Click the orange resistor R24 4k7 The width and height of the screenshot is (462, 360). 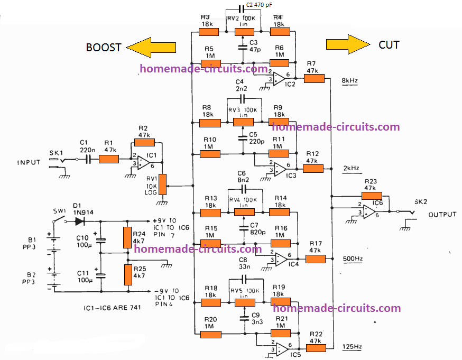[x=127, y=237]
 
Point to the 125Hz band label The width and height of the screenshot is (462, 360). [x=350, y=346]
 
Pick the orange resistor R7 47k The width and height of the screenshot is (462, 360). [x=315, y=78]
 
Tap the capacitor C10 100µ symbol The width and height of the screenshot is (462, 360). [x=101, y=240]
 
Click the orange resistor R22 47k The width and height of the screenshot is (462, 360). [x=316, y=348]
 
